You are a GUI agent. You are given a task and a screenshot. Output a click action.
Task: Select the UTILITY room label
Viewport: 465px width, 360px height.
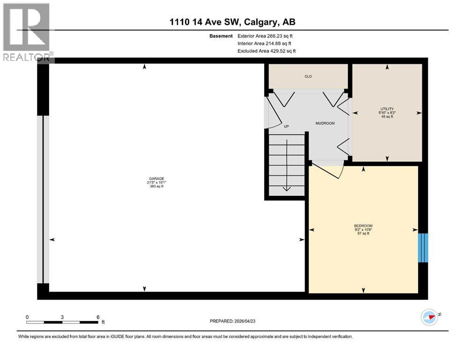tap(387, 109)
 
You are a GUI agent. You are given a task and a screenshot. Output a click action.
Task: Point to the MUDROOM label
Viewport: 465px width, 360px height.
tap(325, 123)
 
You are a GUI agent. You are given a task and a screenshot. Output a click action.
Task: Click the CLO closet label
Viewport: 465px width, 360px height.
tap(308, 76)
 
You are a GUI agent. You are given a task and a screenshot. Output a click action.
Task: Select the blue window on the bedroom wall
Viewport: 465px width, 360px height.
tap(423, 247)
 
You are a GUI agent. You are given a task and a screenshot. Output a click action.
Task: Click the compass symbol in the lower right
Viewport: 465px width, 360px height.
tap(429, 317)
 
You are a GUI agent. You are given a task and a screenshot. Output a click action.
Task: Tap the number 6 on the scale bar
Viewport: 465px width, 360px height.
tap(98, 317)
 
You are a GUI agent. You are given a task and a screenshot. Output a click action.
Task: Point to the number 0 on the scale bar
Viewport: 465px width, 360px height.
tap(27, 317)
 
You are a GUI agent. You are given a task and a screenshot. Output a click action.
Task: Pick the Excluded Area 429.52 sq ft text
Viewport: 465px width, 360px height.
tap(266, 51)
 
